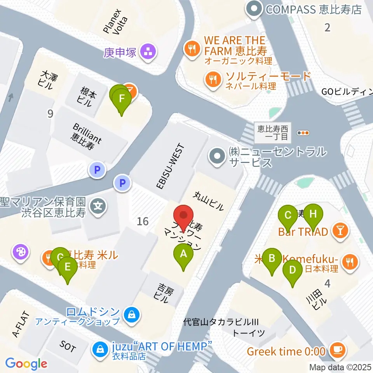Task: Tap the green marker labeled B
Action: tap(272, 259)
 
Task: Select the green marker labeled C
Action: tap(288, 216)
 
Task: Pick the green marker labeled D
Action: tap(293, 270)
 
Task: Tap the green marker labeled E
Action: tap(68, 268)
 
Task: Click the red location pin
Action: tap(184, 217)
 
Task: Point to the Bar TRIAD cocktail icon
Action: tap(340, 232)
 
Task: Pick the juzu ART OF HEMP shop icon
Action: tap(99, 349)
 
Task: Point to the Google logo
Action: tap(26, 364)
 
